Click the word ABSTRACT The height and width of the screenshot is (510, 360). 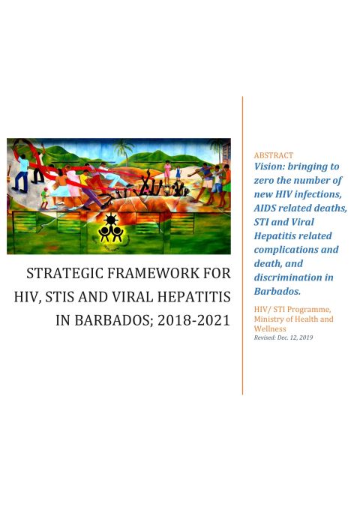(273, 155)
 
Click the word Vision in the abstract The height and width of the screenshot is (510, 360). (271, 167)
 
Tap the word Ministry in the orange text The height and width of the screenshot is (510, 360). (271, 319)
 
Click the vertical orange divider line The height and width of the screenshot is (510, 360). (242, 247)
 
